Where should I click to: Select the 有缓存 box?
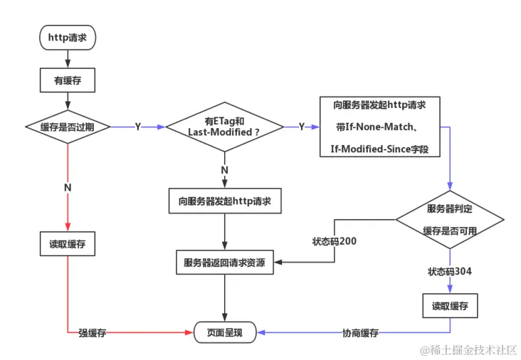68,80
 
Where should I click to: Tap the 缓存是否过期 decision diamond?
68,127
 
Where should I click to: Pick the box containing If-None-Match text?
379,127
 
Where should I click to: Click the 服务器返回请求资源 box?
225,263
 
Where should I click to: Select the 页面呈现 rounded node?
225,332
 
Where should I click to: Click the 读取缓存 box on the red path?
68,244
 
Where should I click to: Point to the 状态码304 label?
449,272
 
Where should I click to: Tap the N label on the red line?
68,187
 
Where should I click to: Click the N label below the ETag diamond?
224,170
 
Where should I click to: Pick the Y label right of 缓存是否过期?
137,127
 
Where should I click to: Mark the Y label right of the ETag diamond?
301,127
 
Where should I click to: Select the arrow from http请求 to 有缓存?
68,59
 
